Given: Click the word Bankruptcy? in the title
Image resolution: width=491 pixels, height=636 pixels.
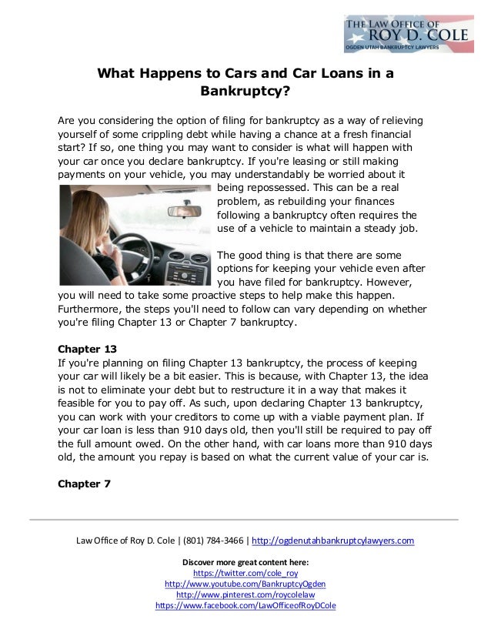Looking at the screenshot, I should tap(245, 93).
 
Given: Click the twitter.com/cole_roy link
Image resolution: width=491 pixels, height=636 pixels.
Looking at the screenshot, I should tap(245, 573).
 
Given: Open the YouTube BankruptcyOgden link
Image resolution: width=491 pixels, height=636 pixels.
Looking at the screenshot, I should tap(245, 584).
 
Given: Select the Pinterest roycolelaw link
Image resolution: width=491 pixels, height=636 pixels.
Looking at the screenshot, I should tap(245, 594).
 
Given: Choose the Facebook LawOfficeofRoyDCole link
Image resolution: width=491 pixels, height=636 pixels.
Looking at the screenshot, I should tap(245, 606).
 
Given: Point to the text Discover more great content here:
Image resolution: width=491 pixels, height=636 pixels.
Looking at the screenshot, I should tap(245, 562).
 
